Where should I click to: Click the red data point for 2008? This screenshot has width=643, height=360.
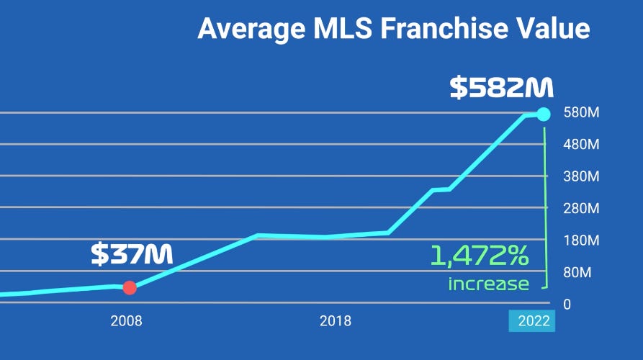click(130, 288)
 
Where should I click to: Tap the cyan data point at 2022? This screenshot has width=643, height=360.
click(544, 114)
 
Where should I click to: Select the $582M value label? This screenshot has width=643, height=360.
click(501, 87)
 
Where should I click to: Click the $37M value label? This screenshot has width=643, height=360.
click(132, 253)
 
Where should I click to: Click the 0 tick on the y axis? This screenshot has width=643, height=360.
click(567, 304)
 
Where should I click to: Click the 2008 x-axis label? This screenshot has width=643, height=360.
click(126, 321)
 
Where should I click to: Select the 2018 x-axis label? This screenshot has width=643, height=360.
click(336, 321)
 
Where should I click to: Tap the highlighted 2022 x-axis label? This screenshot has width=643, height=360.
click(532, 321)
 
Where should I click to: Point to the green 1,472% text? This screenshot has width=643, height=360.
click(480, 256)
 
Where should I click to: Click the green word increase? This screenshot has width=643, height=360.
click(488, 283)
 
